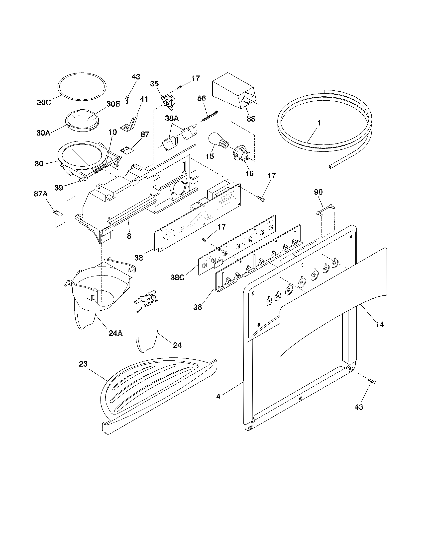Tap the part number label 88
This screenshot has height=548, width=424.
251,118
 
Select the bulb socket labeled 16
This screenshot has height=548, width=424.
240,153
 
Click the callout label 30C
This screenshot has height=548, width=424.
44,103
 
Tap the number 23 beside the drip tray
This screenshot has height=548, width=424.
83,364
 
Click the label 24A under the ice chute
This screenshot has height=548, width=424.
116,333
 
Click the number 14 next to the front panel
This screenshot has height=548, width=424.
380,325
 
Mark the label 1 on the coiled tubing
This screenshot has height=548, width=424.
319,123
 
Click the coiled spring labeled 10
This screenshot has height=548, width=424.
102,168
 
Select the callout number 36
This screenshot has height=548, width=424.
198,307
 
